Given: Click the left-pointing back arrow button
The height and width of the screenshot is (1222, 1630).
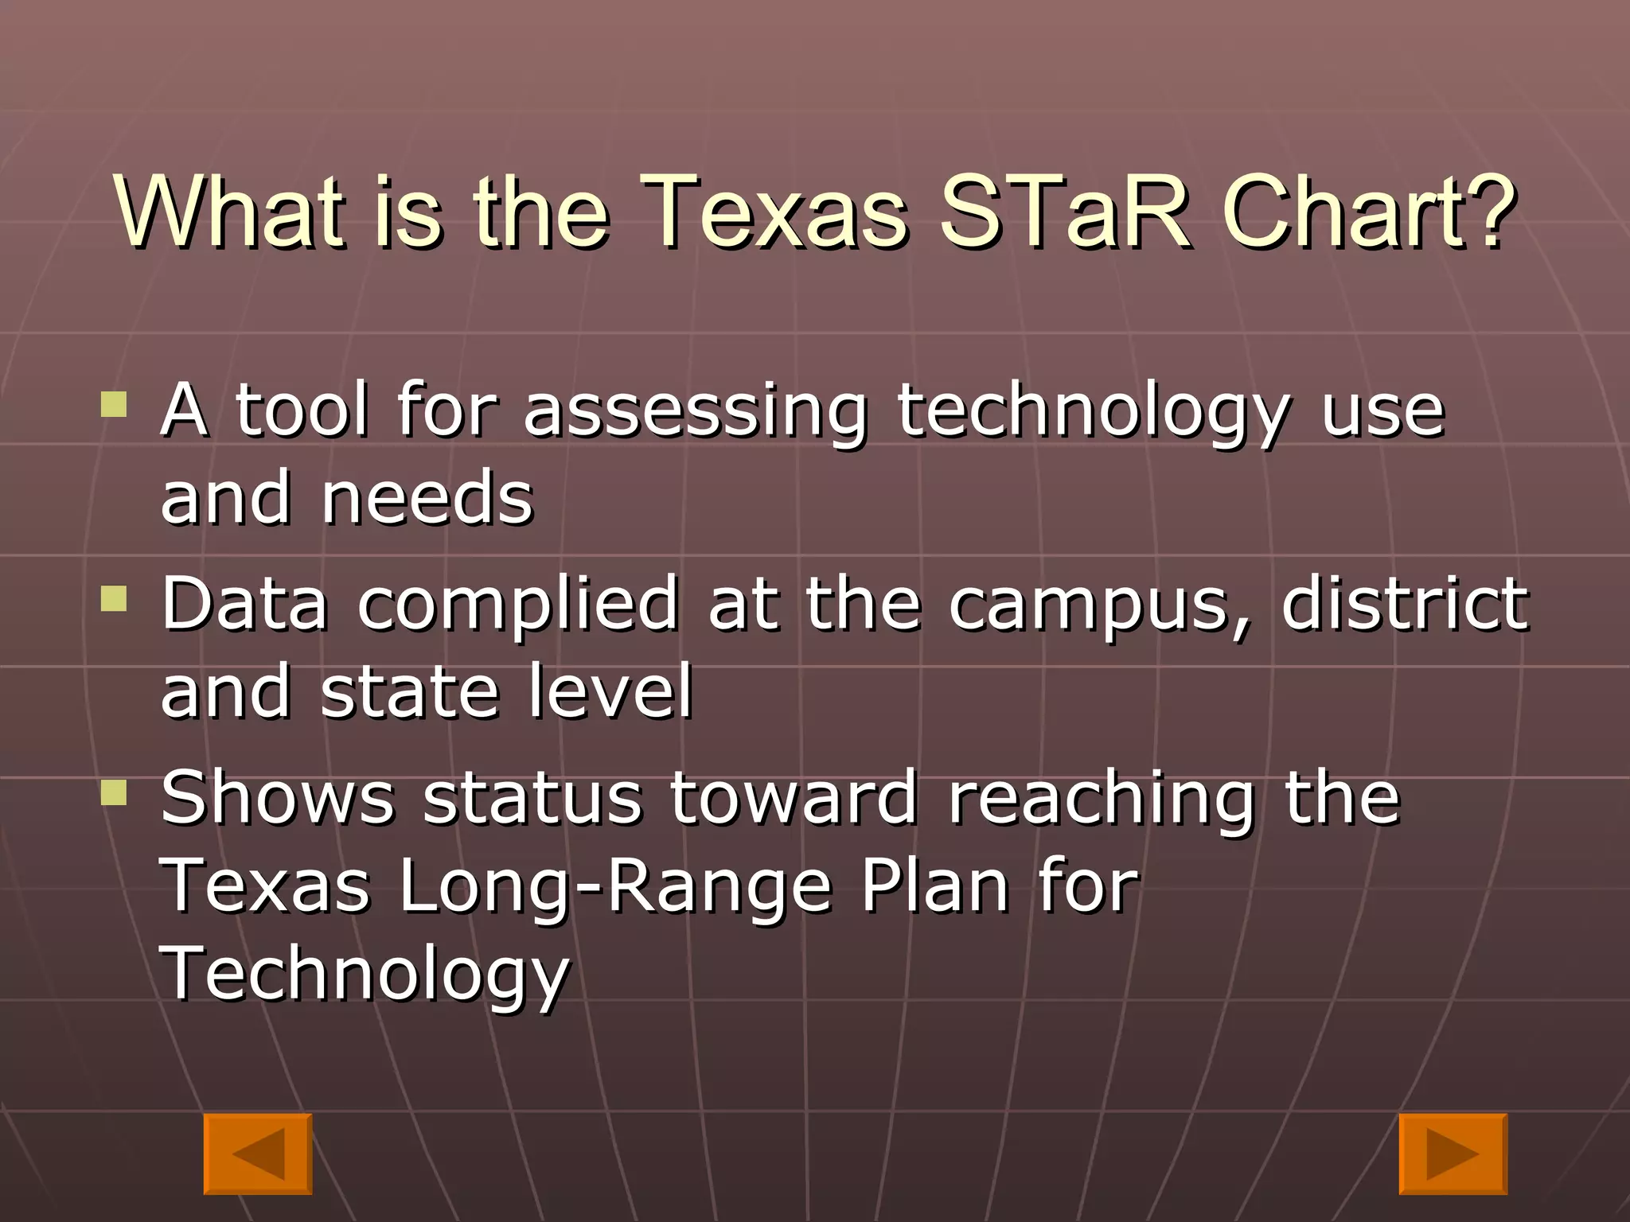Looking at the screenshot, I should (257, 1153).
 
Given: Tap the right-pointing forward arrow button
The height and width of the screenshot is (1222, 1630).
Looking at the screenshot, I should (1453, 1153).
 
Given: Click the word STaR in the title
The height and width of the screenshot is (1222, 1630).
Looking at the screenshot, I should (1065, 213).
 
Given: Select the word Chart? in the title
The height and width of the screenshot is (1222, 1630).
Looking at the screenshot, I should (1369, 213).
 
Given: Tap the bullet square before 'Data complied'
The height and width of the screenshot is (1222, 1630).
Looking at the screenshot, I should (115, 598).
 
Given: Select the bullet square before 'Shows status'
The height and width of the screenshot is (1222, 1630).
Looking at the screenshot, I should (115, 792).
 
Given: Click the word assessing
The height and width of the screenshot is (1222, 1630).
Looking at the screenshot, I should (695, 414).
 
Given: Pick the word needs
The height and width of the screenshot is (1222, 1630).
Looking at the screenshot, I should (427, 499).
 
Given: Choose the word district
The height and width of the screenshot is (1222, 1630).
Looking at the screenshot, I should (1405, 605).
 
